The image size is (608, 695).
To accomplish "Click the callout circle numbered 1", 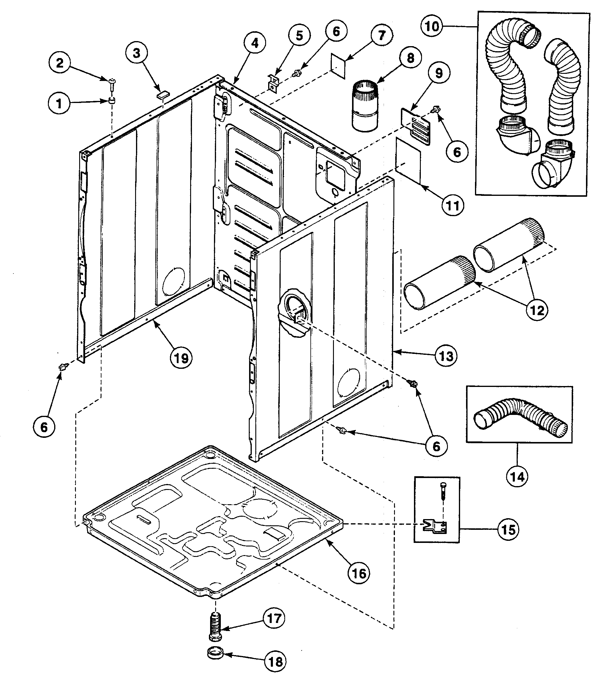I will tap(59, 103).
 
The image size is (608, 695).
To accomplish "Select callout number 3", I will tap(136, 53).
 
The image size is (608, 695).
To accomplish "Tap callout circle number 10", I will tap(432, 26).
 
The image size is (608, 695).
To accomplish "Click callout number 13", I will tap(446, 356).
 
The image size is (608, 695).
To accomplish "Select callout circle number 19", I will tap(181, 358).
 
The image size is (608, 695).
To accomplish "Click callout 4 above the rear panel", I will tap(254, 43).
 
